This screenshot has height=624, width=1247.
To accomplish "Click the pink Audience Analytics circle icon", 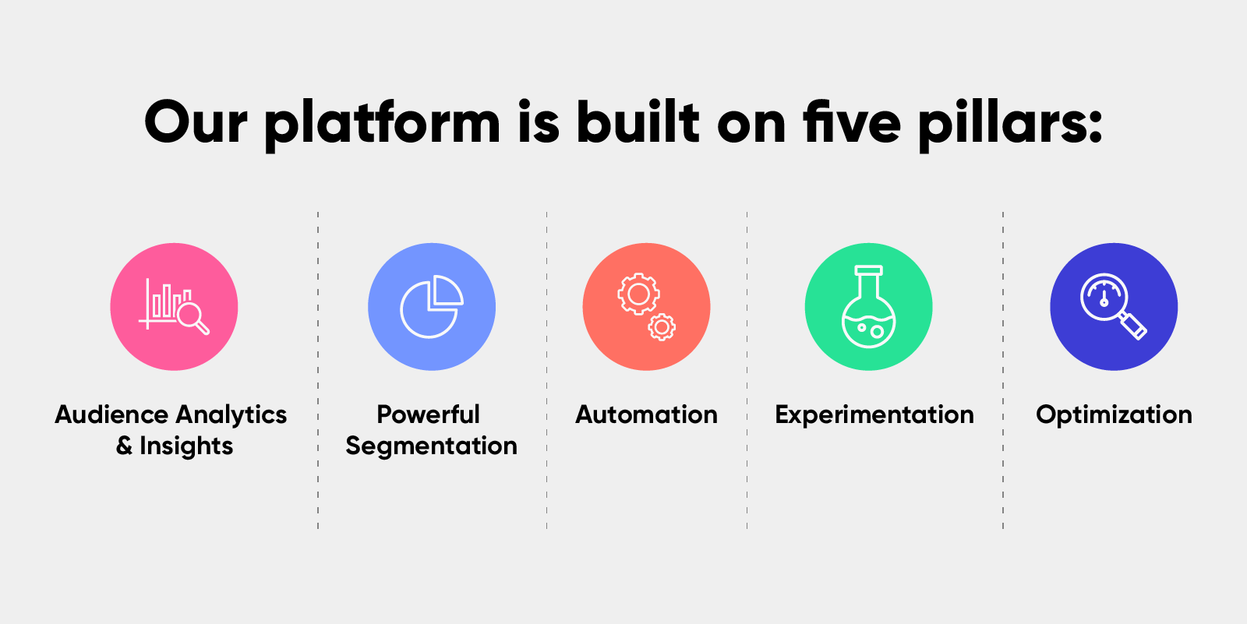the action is pos(174,307).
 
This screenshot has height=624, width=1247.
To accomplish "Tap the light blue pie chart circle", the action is pos(432,307).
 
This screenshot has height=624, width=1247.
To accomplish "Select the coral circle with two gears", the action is pos(646,307).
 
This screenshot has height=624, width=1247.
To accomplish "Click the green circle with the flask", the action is pos(868,307).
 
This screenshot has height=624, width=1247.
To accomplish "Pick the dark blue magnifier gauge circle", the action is pos(1114,307).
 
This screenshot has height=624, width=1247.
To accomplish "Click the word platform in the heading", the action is pos(383,125).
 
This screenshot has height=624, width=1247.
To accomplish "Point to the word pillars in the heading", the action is pos(1010,125).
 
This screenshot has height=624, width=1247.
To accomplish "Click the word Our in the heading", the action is pos(196,122).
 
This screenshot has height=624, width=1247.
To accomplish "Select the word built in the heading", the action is pos(638,122).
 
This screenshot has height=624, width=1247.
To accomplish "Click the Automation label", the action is pos(646,414).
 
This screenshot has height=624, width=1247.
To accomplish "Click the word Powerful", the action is pos(428,414).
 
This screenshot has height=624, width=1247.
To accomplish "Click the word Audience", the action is pos(111,414).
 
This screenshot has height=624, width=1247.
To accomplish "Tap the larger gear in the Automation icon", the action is pos(638,294).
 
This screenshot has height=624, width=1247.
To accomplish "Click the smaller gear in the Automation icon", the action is pos(662,327).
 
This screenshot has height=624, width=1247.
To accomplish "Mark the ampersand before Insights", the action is pos(124,446).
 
